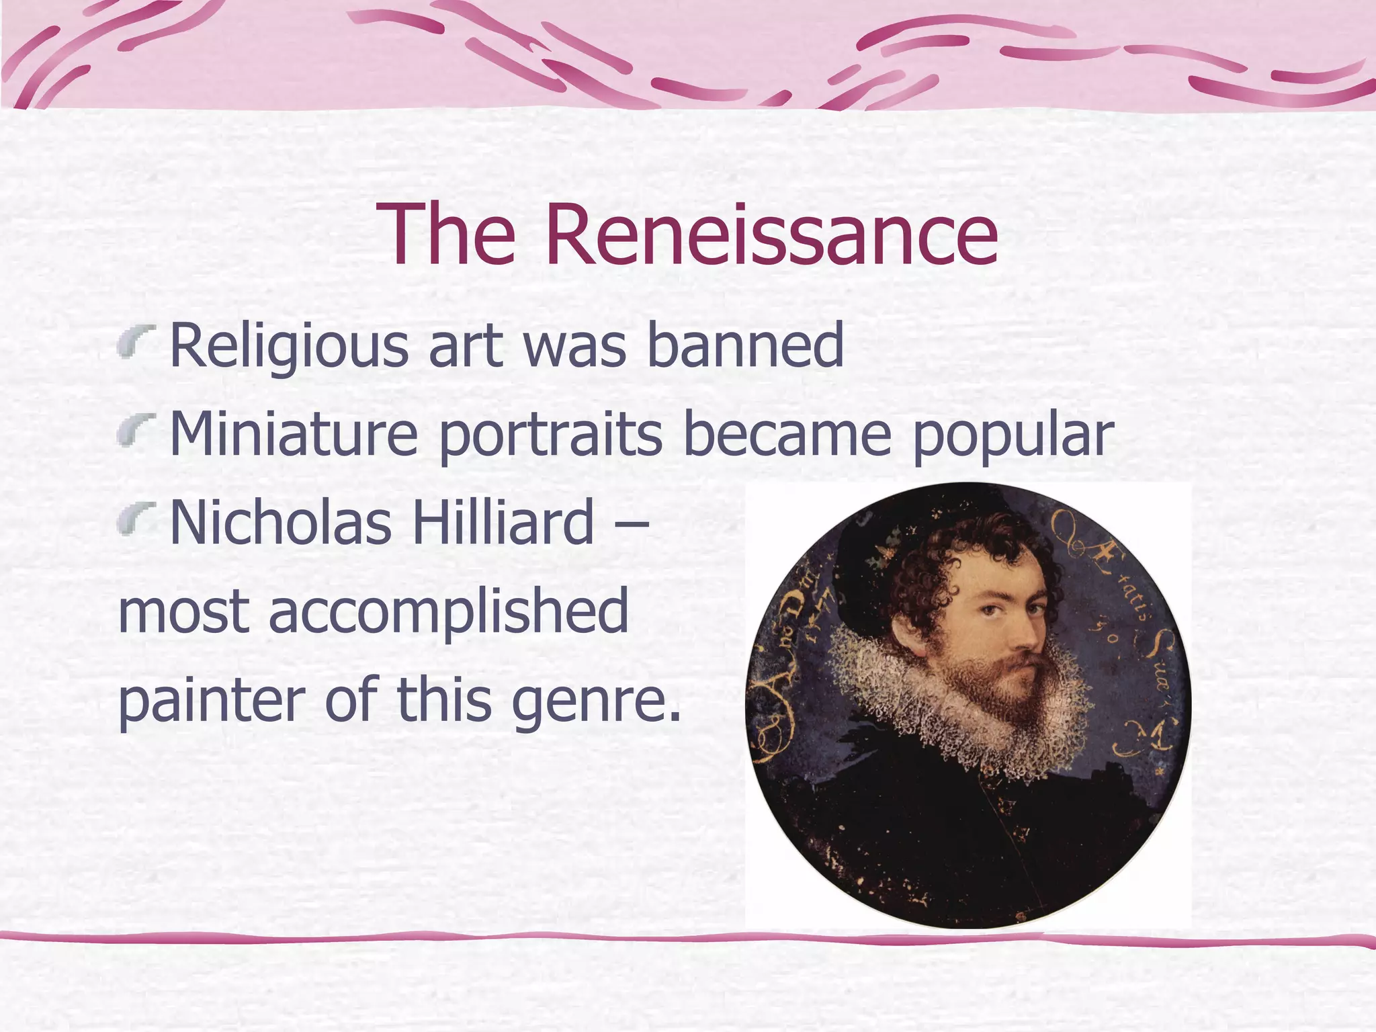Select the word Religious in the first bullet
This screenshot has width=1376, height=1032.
(289, 347)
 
